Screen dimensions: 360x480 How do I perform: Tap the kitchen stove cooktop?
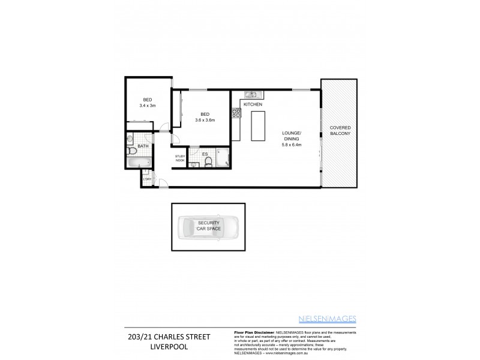coord(236,112)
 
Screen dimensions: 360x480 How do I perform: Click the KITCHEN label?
coord(253,105)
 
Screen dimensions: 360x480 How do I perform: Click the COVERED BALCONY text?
coord(339,134)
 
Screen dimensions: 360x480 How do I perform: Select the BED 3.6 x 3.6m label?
coord(205,117)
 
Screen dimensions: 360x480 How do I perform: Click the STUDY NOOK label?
coord(179,158)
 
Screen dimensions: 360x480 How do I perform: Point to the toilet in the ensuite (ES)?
coord(194,162)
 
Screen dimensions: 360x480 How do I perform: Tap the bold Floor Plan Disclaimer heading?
coord(253,331)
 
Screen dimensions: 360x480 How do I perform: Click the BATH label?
coord(143,146)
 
